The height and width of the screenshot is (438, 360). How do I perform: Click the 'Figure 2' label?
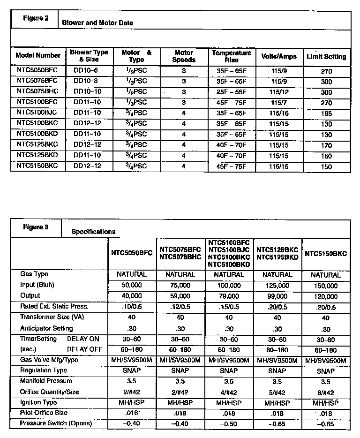36,18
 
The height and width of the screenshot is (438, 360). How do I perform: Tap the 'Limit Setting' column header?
326,57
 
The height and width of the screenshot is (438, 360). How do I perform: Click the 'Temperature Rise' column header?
231,57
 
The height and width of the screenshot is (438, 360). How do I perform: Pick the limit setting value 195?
326,113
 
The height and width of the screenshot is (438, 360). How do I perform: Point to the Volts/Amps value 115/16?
279,113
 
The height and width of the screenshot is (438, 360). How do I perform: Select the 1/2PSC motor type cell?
136,92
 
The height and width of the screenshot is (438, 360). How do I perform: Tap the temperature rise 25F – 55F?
231,92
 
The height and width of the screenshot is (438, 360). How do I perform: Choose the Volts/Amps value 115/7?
279,103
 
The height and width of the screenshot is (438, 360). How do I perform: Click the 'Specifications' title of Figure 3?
93,232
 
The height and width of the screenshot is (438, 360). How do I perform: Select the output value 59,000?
180,296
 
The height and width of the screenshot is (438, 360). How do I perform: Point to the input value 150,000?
326,286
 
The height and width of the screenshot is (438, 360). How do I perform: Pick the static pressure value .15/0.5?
229,307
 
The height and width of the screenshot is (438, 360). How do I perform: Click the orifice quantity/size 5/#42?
277,393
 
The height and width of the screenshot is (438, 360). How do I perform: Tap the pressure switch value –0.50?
229,424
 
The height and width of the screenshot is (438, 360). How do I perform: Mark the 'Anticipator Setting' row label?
46,328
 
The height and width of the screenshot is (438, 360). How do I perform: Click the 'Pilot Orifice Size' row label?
44,413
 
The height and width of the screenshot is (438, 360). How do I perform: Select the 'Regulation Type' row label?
42,370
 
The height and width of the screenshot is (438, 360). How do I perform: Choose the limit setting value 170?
326,145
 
